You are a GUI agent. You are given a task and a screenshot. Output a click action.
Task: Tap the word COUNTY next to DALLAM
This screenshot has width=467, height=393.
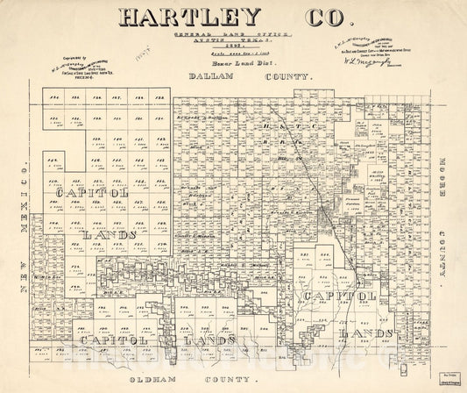pyautogui.click(x=281, y=78)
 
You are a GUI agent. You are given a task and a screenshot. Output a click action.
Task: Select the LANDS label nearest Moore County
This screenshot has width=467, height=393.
pyautogui.click(x=367, y=333)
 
